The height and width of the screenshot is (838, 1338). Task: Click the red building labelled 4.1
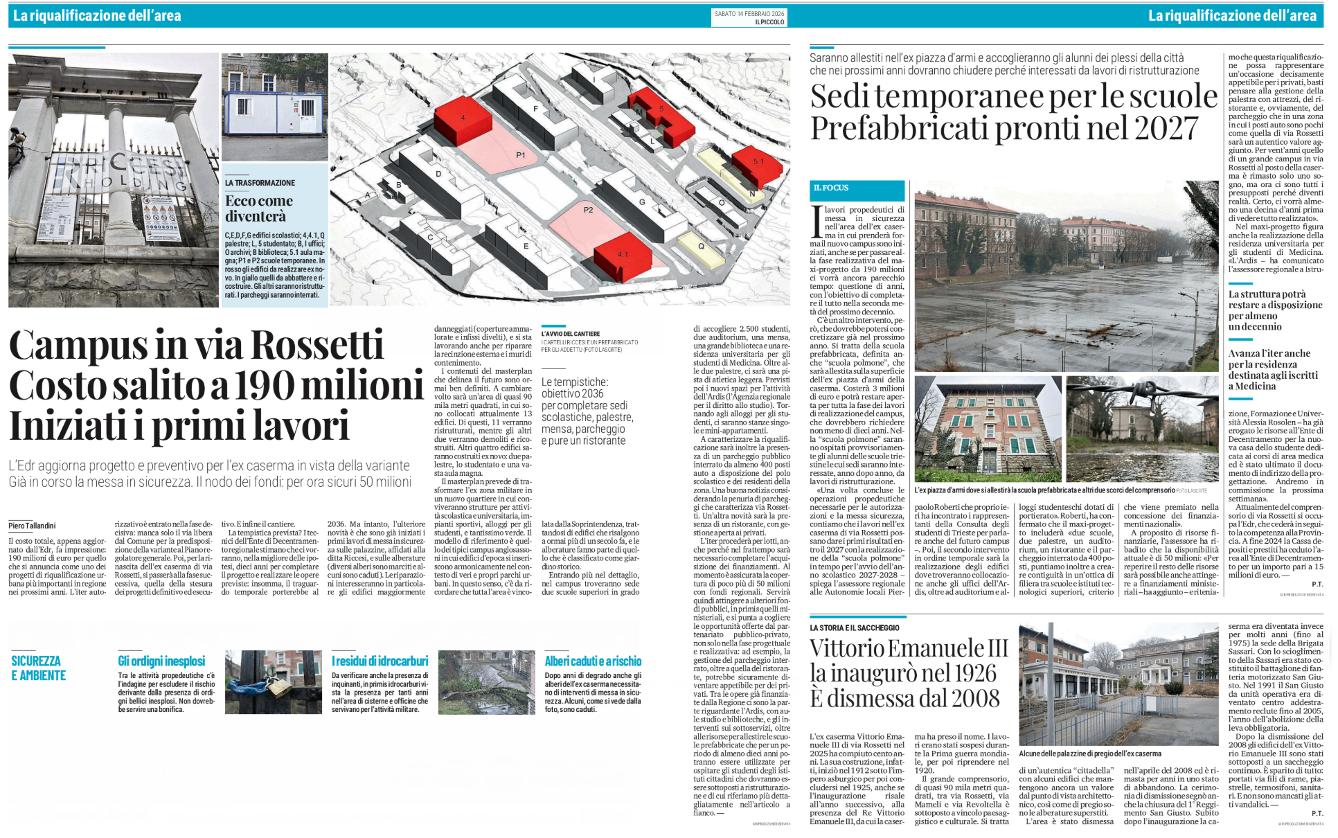(623, 256)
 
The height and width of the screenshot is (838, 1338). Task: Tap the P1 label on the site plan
(521, 155)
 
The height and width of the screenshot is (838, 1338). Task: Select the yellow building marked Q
(701, 246)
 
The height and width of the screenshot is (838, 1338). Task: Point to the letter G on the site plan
(642, 202)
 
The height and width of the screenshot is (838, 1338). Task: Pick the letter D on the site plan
(438, 174)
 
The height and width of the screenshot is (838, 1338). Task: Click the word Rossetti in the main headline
(316, 345)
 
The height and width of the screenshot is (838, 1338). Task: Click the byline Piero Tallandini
(32, 526)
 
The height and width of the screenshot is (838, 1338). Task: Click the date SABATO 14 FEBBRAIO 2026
(749, 13)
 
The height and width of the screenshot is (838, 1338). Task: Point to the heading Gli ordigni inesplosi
(161, 661)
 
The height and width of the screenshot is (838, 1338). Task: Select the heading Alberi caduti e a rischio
(593, 661)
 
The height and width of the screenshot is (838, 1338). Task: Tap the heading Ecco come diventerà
(259, 208)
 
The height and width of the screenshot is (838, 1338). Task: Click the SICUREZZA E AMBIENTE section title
(39, 668)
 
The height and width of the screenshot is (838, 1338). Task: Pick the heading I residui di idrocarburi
(380, 661)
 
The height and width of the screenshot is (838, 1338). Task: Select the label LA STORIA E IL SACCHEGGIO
(855, 627)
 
